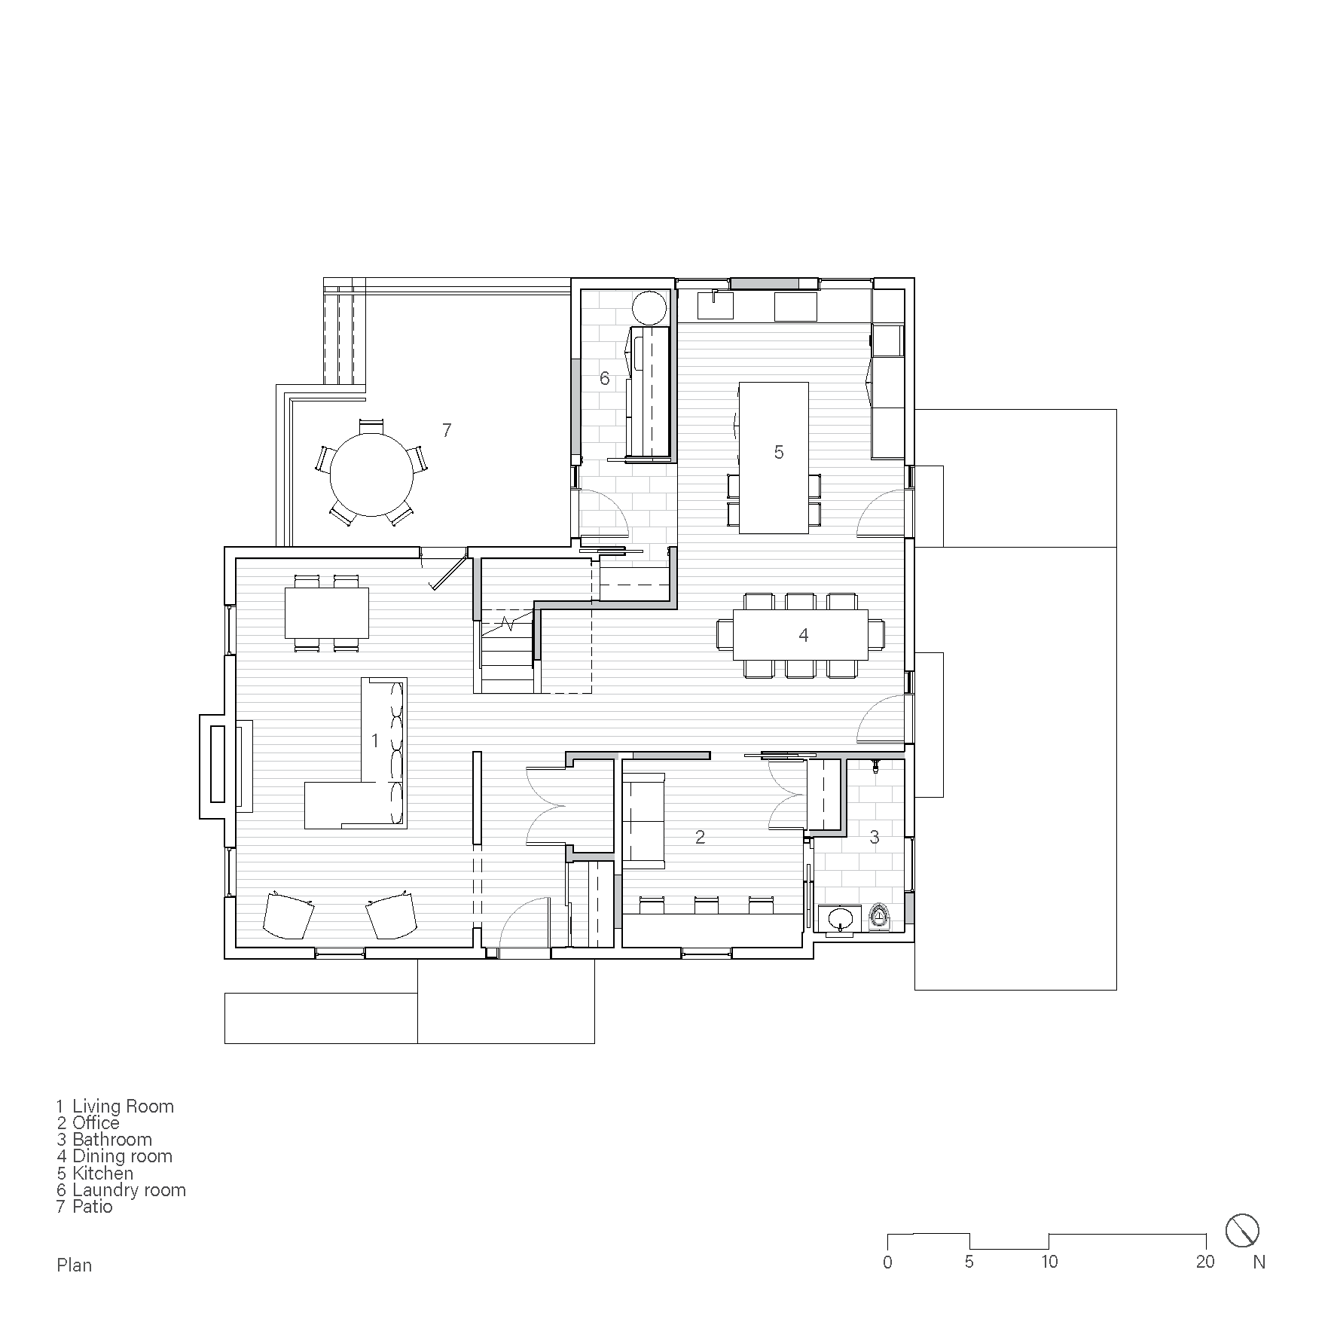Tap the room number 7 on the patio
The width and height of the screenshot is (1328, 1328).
[447, 430]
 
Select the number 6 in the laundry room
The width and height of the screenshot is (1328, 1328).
[604, 377]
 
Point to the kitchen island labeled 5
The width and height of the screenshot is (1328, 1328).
[774, 457]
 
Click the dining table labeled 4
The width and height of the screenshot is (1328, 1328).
[800, 634]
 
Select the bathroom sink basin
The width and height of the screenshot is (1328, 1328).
[840, 918]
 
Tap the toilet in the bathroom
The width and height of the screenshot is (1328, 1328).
[879, 917]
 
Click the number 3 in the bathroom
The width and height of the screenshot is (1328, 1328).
[874, 837]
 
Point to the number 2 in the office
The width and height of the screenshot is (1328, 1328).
[700, 837]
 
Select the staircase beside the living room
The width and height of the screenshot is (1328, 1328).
[506, 652]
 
